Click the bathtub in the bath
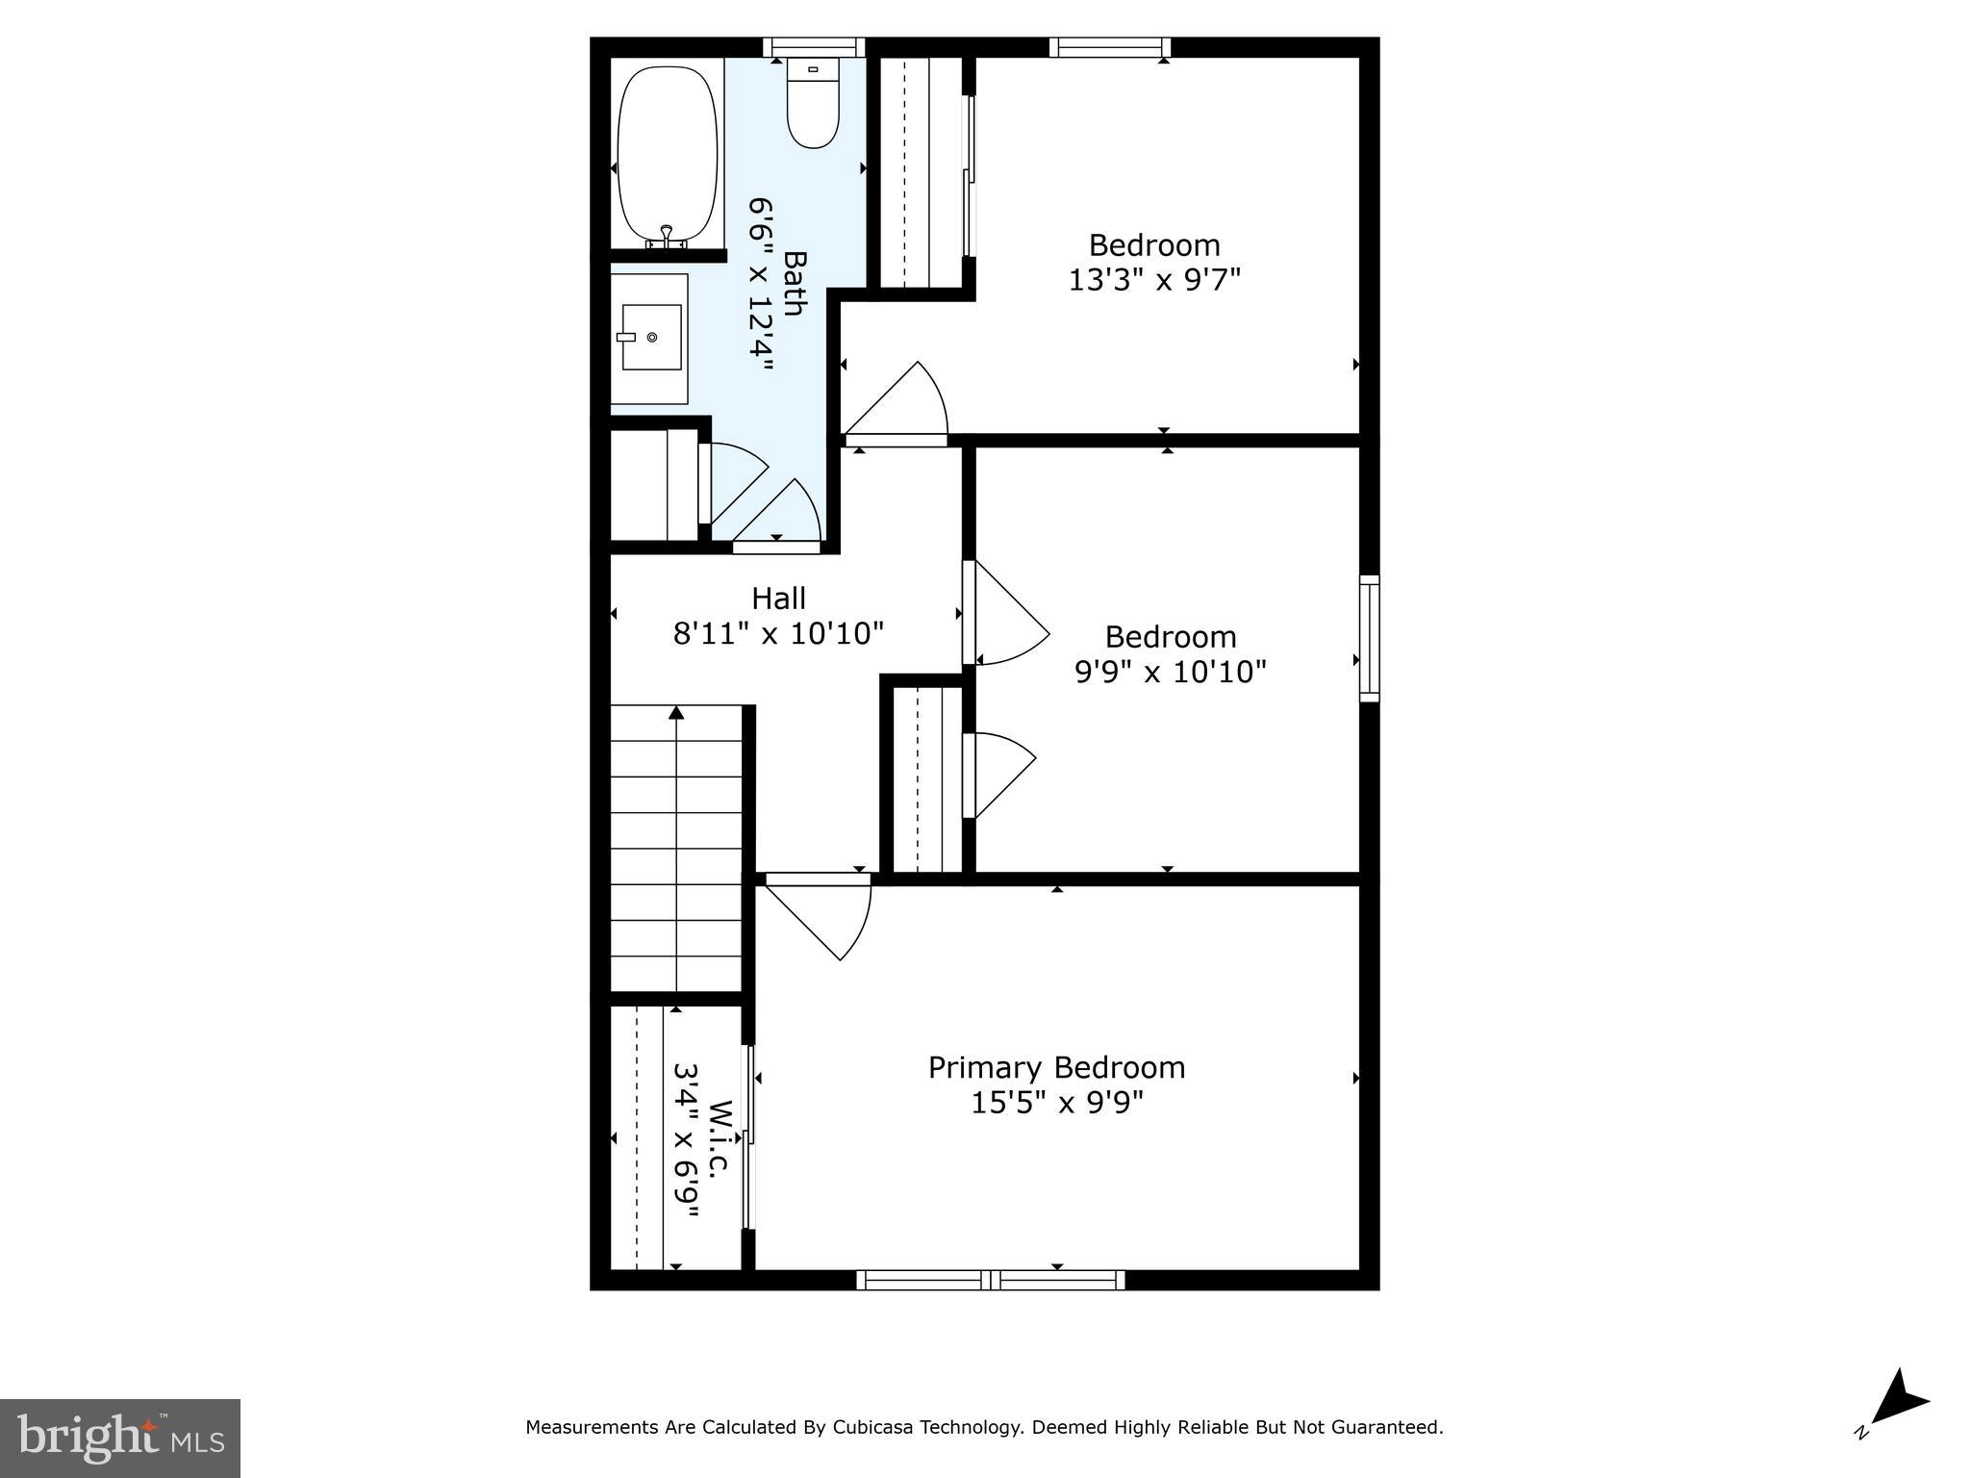click(668, 154)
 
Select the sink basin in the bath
click(652, 337)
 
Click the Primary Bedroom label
click(1056, 1067)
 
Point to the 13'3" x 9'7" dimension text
click(1154, 280)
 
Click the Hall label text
click(778, 599)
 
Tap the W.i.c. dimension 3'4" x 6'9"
click(685, 1140)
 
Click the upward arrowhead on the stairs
click(676, 713)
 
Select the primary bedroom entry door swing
click(823, 914)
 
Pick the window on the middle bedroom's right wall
click(1369, 638)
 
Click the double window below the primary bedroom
click(990, 1280)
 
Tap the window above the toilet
click(814, 47)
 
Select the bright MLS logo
click(120, 1438)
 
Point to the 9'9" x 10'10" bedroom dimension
click(1170, 672)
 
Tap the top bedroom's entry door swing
click(900, 404)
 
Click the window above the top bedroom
click(1109, 47)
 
